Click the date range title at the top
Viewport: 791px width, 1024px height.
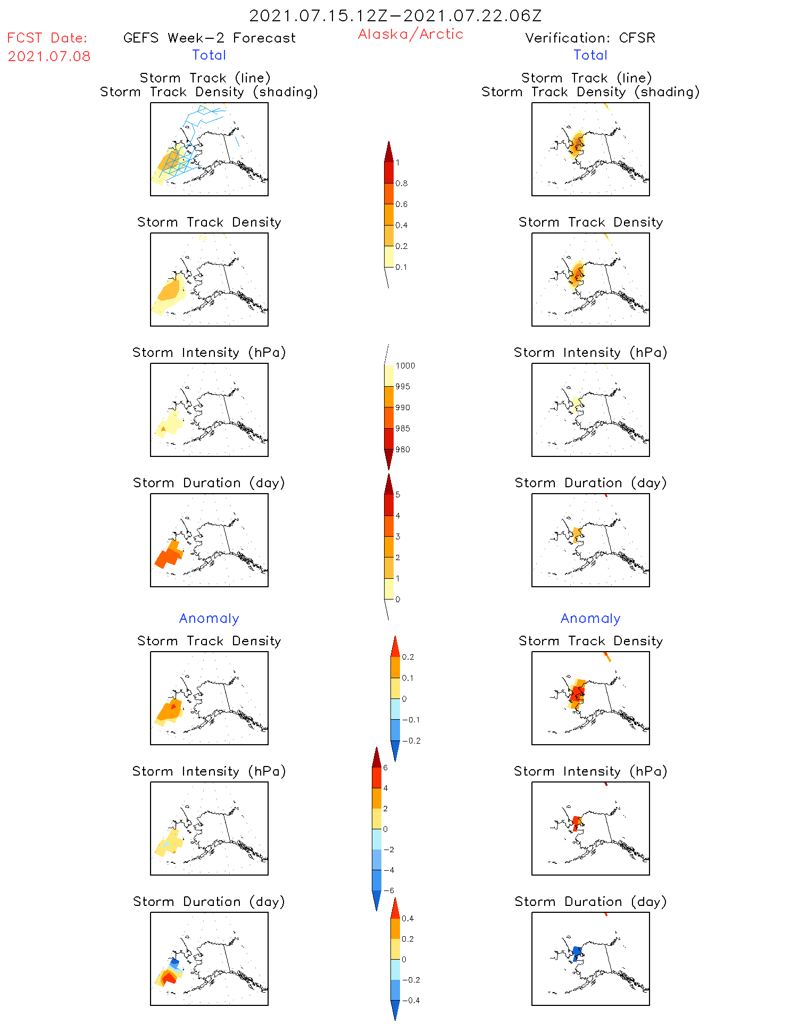[395, 15]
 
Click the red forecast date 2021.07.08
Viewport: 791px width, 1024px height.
[49, 56]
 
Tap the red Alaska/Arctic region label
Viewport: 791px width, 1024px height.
[410, 34]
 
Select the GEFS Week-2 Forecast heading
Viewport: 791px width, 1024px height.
[209, 38]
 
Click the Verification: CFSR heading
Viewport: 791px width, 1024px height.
[590, 38]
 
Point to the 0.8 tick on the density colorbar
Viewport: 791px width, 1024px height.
[402, 184]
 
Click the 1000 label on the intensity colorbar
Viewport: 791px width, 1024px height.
[405, 366]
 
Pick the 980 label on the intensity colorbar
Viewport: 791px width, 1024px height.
[403, 449]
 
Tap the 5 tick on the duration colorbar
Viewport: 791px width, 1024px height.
[397, 495]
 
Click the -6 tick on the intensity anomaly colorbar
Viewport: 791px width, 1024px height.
[389, 890]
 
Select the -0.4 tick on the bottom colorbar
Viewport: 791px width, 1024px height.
[411, 1000]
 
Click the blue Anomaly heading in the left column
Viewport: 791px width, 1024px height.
[209, 618]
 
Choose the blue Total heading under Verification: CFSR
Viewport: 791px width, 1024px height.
[590, 55]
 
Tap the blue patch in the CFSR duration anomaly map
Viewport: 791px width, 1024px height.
[576, 952]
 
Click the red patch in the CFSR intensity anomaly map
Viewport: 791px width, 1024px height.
[576, 822]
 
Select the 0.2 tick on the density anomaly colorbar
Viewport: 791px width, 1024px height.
[407, 657]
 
